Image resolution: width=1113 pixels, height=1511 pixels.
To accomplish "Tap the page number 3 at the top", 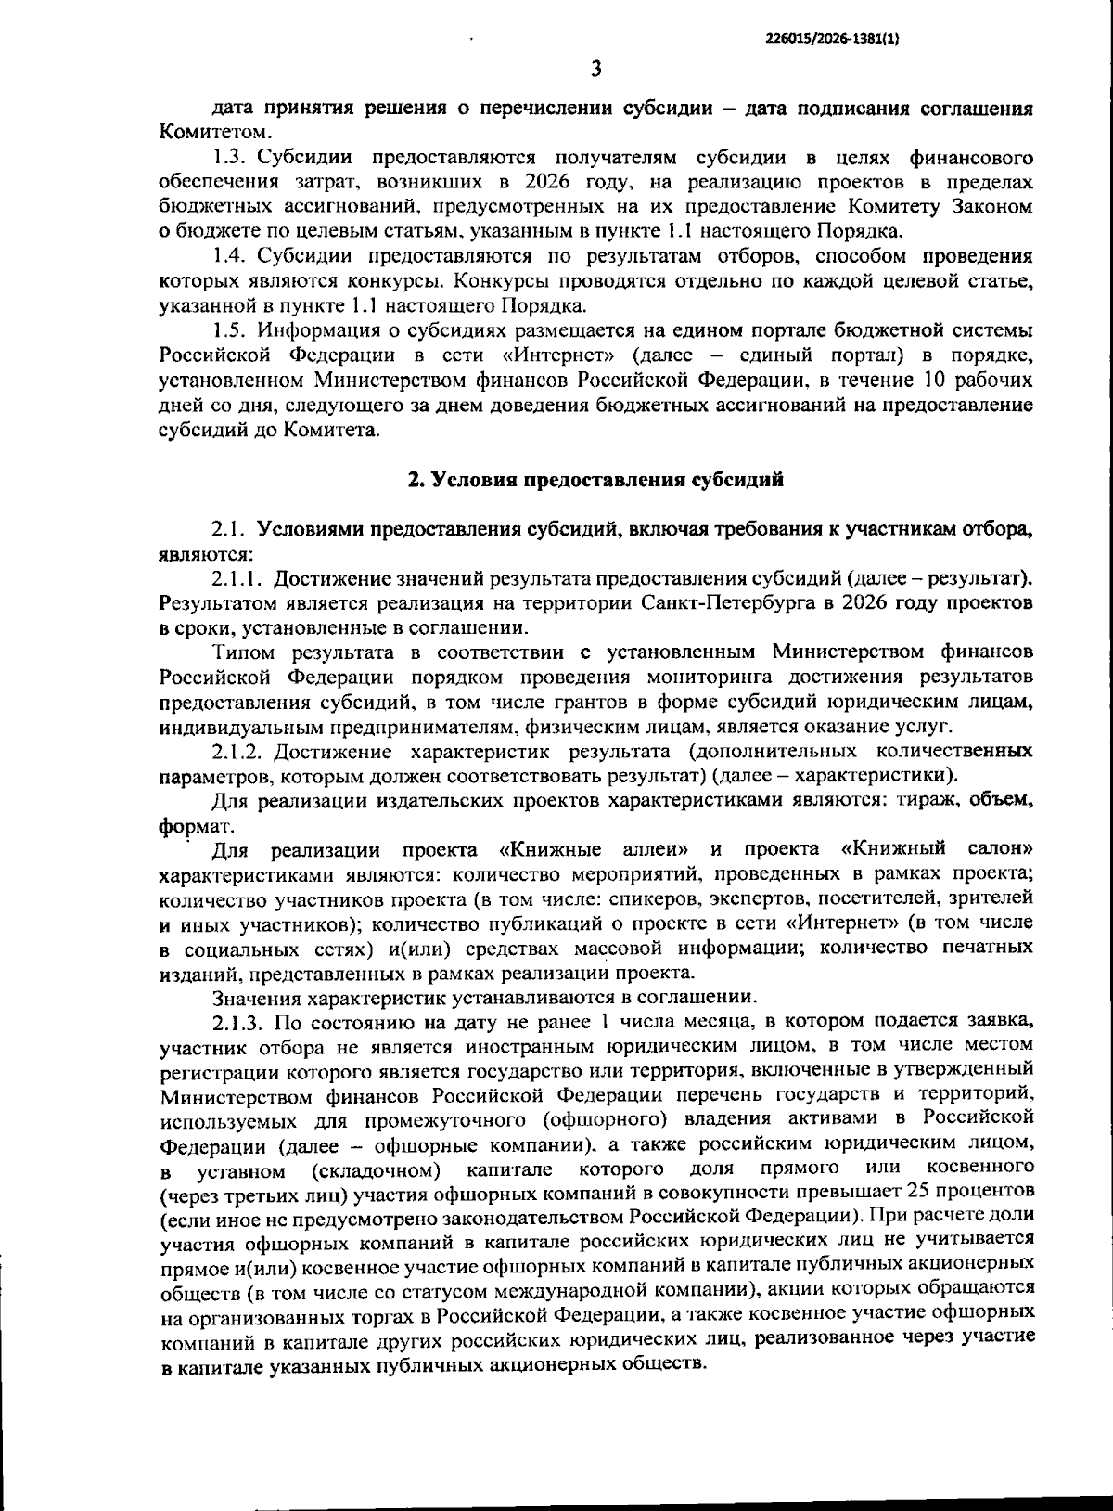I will pos(596,69).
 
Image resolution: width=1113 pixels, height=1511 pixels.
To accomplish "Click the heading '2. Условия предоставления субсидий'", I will pos(596,480).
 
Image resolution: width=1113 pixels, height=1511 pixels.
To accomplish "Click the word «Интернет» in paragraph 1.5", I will pos(570,355).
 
